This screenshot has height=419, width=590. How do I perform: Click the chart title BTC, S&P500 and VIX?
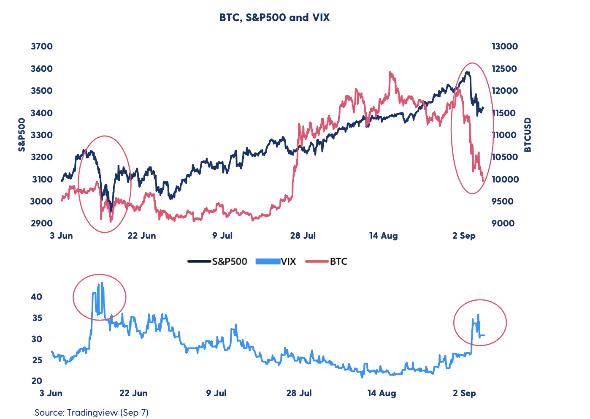(x=274, y=18)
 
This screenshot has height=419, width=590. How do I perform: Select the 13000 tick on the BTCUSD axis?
(x=505, y=46)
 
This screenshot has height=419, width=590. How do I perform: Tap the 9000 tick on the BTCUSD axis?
(x=503, y=223)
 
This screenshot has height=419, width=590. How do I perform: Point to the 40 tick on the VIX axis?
(x=37, y=297)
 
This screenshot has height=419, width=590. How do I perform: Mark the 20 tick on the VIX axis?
(x=37, y=381)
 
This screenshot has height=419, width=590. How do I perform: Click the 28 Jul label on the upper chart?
(x=303, y=236)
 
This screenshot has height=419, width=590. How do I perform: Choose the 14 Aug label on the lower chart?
(x=382, y=393)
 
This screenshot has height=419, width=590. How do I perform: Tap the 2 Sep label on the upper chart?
(x=464, y=236)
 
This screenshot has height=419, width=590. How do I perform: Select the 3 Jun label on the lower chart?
(x=51, y=393)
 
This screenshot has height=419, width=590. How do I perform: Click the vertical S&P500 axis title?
(x=22, y=135)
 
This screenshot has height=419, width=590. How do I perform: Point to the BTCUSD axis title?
(x=528, y=135)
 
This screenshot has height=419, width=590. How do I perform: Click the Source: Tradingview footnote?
(x=92, y=412)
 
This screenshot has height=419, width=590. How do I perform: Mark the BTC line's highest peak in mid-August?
(x=390, y=72)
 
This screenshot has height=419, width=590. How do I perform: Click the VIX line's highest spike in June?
(x=102, y=283)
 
